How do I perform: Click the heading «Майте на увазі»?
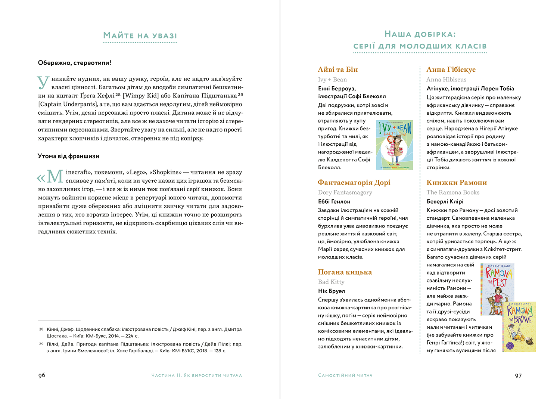(x=140, y=36)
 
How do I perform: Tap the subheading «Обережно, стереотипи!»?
(x=75, y=63)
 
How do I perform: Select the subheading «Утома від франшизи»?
(x=68, y=156)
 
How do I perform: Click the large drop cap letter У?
(x=43, y=83)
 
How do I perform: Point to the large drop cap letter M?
(x=54, y=176)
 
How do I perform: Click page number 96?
(x=42, y=375)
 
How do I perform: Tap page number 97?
(x=518, y=375)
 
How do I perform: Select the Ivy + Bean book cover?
(x=395, y=145)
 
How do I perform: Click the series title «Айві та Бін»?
(x=338, y=69)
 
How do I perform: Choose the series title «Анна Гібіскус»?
(x=451, y=69)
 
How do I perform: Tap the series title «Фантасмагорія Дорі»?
(x=354, y=182)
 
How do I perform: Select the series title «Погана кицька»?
(x=345, y=272)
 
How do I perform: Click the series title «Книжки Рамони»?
(x=457, y=182)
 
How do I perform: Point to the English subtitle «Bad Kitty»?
(x=331, y=282)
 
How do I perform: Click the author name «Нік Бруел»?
(x=332, y=291)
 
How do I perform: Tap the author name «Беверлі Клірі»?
(x=445, y=201)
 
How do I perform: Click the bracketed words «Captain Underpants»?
(x=68, y=104)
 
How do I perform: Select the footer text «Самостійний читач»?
(x=345, y=375)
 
